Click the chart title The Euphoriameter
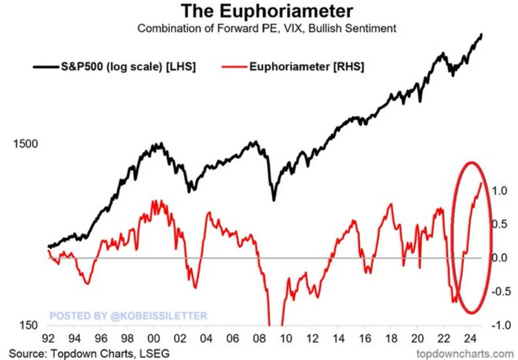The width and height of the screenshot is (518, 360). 267,11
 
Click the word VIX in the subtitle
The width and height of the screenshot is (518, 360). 295,29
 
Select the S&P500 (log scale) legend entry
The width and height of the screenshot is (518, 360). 114,67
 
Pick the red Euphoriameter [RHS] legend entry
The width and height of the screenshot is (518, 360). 293,67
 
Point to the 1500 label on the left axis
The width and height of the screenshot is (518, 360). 25,144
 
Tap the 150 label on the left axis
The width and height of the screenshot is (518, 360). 29,325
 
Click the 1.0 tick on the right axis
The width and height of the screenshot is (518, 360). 499,191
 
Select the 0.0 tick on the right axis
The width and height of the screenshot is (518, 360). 499,257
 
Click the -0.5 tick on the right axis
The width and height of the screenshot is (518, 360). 501,292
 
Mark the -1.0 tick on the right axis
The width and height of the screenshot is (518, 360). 501,325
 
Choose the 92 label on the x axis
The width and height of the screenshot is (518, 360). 48,338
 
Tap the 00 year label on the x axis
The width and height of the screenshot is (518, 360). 153,338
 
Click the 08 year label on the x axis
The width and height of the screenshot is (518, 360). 259,338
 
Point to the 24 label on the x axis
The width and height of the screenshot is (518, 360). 470,338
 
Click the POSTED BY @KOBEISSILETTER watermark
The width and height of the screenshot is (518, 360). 128,316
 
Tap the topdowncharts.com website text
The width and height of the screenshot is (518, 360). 465,354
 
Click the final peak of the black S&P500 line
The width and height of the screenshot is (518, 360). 482,35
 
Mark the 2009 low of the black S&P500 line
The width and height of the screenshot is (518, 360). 274,200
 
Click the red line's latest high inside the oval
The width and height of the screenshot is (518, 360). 482,182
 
